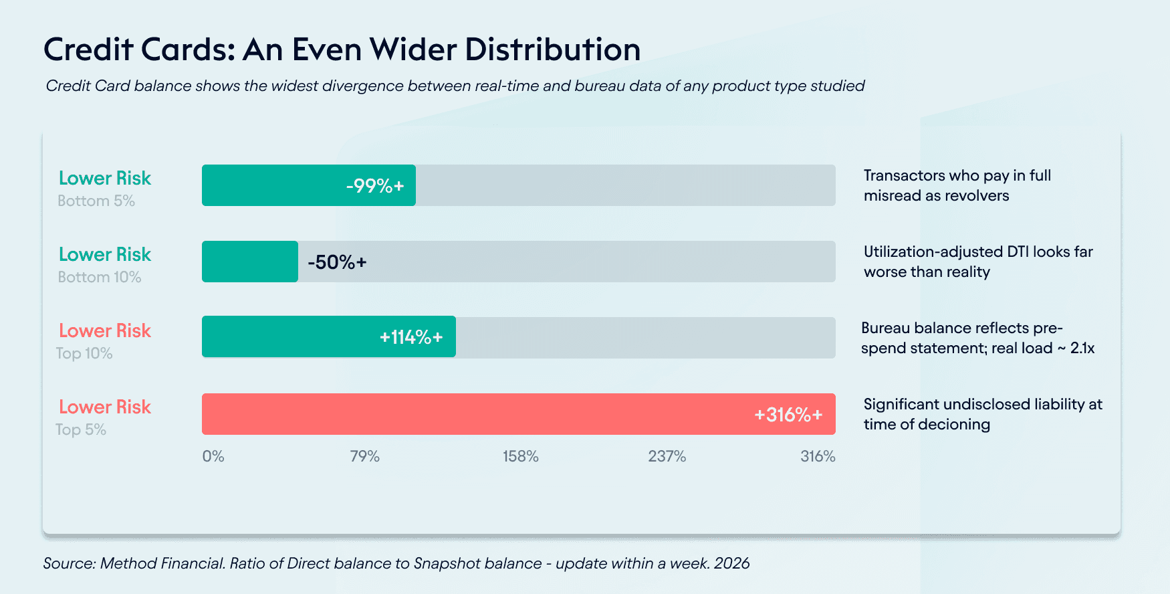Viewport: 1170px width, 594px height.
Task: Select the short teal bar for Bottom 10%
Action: pyautogui.click(x=249, y=262)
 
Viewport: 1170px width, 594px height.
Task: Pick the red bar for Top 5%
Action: pyautogui.click(x=518, y=414)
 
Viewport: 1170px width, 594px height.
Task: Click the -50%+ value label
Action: pyautogui.click(x=337, y=262)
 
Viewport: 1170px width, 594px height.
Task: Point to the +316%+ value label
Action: pyautogui.click(x=788, y=415)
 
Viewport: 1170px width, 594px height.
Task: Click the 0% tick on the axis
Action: pyautogui.click(x=213, y=456)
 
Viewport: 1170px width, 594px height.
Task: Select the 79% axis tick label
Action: pyautogui.click(x=365, y=456)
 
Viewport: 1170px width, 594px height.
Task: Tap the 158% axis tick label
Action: pyautogui.click(x=521, y=456)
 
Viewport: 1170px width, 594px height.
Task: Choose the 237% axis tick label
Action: pyautogui.click(x=667, y=456)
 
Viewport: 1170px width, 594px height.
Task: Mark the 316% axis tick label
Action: pyautogui.click(x=818, y=456)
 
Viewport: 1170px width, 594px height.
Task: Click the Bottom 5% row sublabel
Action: pyautogui.click(x=96, y=201)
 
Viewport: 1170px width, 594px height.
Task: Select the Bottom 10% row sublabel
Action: pyautogui.click(x=100, y=277)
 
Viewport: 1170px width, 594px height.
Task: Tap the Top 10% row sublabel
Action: pyautogui.click(x=84, y=353)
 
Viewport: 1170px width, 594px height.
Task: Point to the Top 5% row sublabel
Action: pyautogui.click(x=81, y=429)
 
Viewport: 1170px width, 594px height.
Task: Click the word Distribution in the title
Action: pyautogui.click(x=552, y=50)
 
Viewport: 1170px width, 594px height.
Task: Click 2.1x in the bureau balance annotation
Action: pyautogui.click(x=1082, y=348)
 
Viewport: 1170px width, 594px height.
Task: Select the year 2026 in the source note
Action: pyautogui.click(x=731, y=563)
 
